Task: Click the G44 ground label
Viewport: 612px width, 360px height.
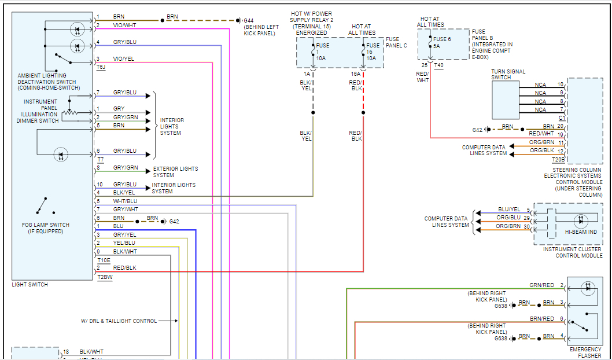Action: point(249,20)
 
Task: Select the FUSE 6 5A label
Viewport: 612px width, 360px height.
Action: point(441,42)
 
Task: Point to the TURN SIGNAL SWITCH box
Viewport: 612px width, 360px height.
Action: point(506,100)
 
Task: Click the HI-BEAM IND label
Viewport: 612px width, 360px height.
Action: point(581,232)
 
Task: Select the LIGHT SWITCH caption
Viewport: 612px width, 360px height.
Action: point(30,285)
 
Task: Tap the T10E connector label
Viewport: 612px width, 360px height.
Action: point(104,260)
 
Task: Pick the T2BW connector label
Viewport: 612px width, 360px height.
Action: point(104,277)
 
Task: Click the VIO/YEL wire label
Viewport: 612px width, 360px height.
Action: point(124,59)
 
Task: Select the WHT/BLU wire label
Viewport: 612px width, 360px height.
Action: point(126,201)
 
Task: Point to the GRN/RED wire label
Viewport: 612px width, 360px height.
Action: point(542,285)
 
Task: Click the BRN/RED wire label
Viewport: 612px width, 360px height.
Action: point(542,318)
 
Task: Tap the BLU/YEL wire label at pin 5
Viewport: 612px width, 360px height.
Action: point(510,210)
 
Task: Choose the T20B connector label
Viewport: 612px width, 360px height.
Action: point(558,159)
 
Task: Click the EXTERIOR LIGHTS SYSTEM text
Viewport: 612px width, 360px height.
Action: point(175,172)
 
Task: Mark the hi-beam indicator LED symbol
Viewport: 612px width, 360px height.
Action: point(581,221)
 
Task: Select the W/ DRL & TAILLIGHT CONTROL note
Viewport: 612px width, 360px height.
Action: point(119,321)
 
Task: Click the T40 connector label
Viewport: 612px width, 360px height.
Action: point(438,65)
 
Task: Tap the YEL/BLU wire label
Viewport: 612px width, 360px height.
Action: point(124,243)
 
